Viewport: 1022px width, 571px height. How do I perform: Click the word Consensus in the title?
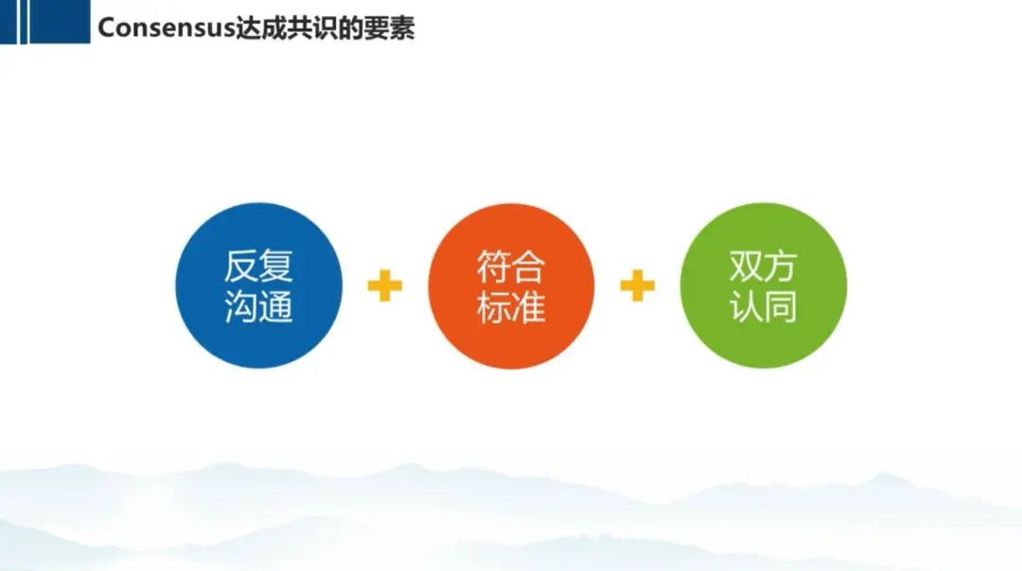coord(167,28)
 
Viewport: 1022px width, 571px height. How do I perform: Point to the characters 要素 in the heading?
coord(390,28)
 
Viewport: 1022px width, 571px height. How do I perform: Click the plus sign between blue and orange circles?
coord(384,285)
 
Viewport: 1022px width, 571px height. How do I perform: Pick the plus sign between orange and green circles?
coord(638,285)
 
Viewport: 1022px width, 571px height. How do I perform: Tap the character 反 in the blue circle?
coord(241,266)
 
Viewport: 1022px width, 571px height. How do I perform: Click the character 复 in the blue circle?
coord(276,266)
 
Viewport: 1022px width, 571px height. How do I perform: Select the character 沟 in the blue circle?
coord(241,306)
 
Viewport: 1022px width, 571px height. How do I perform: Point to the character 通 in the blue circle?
coord(276,306)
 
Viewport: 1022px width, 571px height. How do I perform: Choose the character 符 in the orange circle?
coord(493,266)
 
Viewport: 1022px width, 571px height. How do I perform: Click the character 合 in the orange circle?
coord(529,266)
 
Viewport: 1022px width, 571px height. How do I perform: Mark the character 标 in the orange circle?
coord(493,306)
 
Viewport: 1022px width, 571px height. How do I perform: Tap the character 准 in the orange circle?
coord(529,306)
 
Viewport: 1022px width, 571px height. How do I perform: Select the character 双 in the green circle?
coord(747,266)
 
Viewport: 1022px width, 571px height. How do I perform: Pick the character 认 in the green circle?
coord(747,306)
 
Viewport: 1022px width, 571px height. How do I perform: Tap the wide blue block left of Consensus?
coord(60,22)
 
